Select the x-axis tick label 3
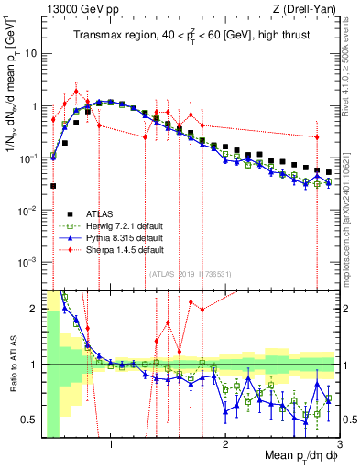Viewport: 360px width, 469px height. point(339,446)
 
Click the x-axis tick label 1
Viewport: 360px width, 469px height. point(111,446)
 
